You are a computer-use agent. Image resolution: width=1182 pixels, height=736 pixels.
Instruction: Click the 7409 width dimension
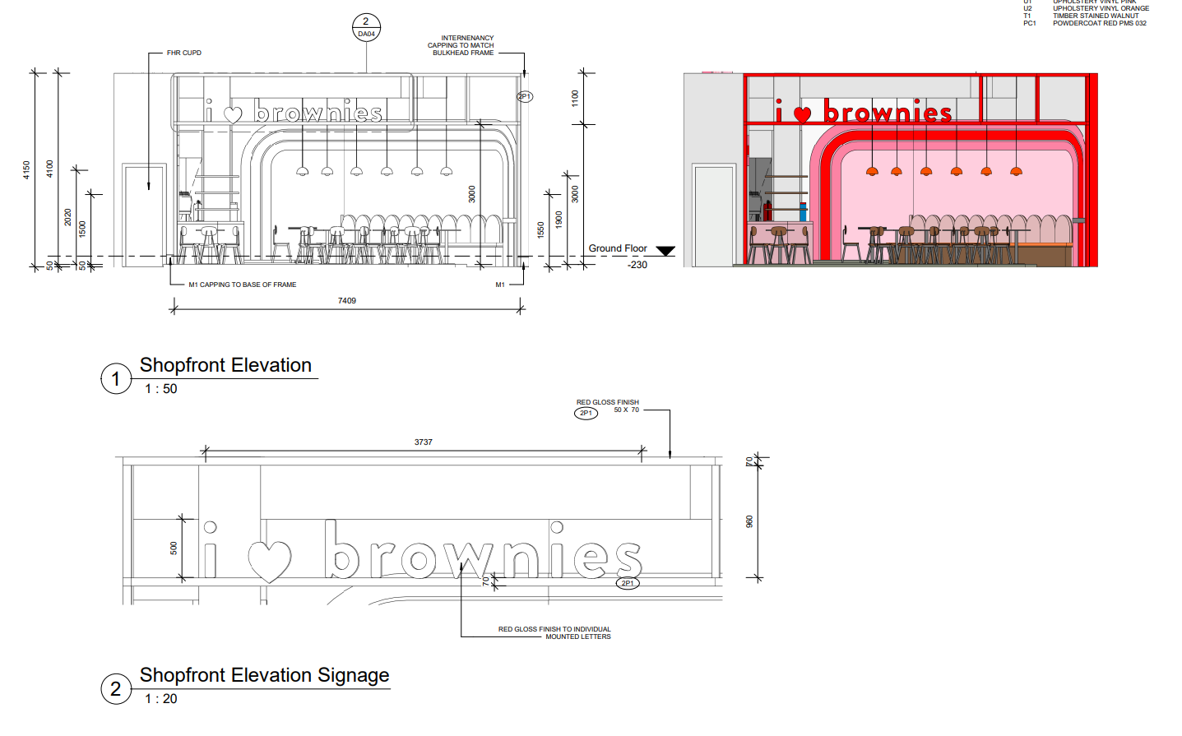[x=347, y=301]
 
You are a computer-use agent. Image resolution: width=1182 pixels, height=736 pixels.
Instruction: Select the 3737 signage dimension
[x=423, y=442]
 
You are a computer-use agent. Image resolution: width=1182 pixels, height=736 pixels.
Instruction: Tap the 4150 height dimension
[x=26, y=170]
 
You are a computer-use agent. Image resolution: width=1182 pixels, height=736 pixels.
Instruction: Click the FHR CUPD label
[x=184, y=53]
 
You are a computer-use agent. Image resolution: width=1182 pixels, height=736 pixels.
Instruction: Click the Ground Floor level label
[x=617, y=248]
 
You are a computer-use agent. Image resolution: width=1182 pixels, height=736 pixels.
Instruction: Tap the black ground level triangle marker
[x=665, y=251]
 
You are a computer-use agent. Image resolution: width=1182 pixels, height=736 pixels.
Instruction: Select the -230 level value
[x=637, y=265]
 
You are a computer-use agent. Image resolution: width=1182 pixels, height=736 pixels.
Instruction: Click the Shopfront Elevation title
[x=225, y=365]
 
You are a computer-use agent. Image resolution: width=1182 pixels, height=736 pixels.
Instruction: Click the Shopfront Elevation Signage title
[x=264, y=675]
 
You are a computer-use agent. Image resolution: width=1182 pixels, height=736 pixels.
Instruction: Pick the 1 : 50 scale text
[x=161, y=389]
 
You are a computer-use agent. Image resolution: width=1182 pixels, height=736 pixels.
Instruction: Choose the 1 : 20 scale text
[x=161, y=699]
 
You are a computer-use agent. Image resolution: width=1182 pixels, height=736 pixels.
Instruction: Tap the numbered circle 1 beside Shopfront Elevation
[x=116, y=379]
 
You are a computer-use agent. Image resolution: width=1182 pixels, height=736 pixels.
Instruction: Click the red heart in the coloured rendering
[x=802, y=115]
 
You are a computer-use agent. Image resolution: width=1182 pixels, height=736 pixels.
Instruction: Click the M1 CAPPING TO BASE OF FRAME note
[x=243, y=285]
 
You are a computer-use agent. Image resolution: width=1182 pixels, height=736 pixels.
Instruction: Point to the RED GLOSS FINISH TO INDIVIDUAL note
[x=554, y=629]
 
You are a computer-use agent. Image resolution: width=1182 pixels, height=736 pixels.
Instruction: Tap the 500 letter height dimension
[x=174, y=548]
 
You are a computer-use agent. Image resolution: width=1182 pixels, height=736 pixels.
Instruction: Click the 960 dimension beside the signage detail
[x=749, y=521]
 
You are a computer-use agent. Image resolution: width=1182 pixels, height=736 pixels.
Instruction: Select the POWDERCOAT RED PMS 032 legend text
[x=1099, y=23]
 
